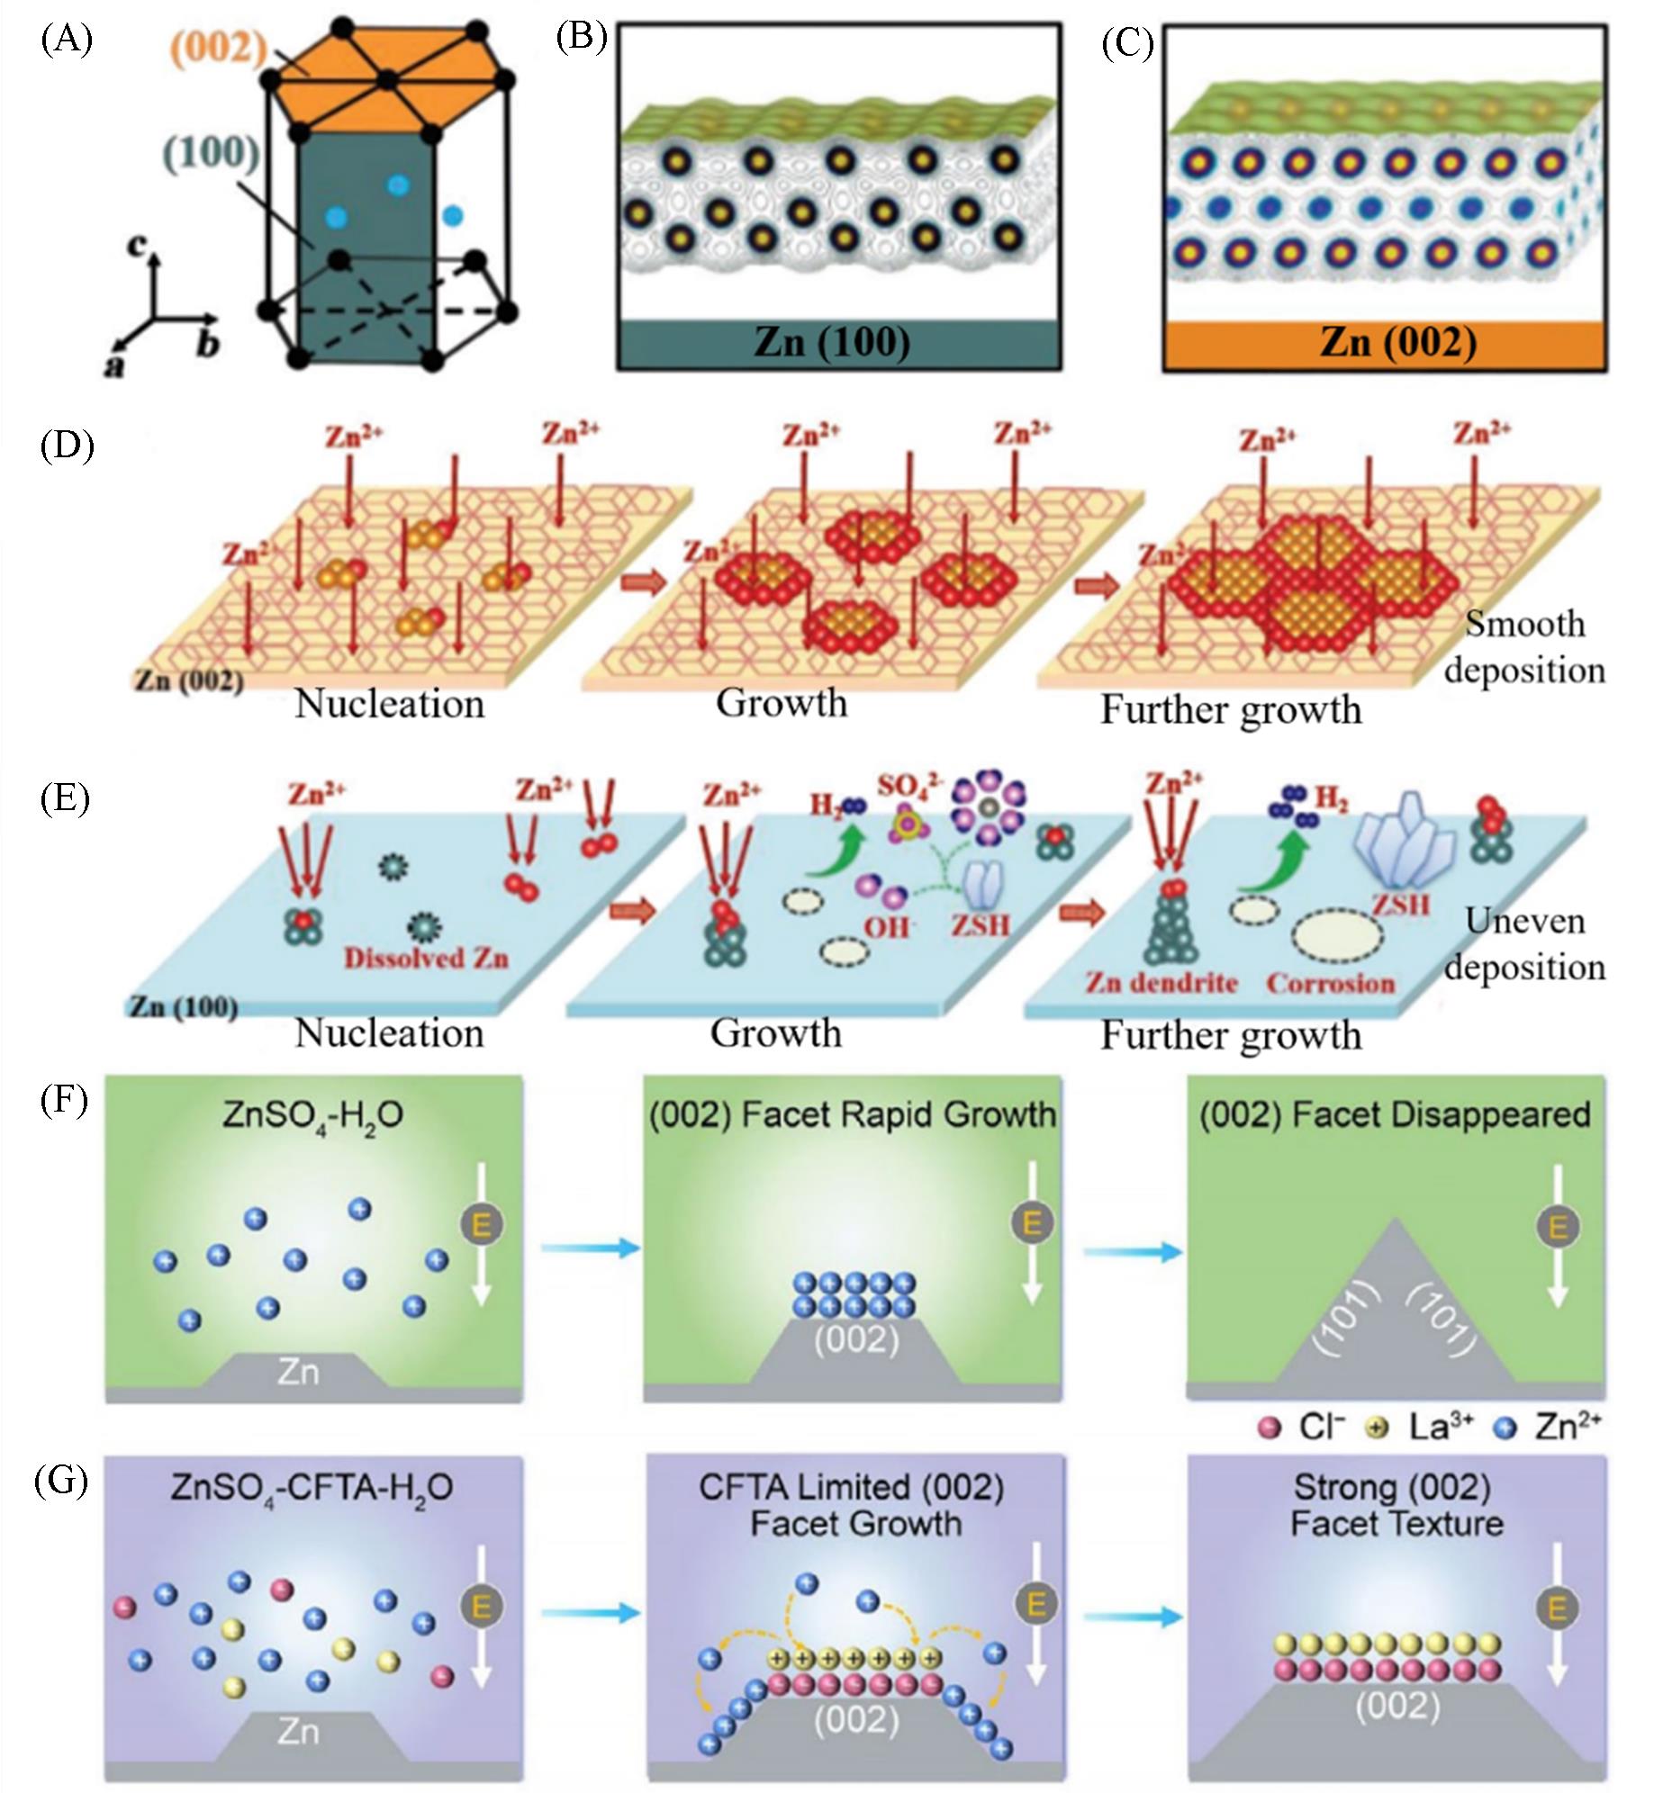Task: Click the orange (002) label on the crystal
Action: [x=220, y=46]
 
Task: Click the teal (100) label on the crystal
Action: [x=212, y=153]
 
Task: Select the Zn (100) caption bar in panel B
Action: [x=838, y=343]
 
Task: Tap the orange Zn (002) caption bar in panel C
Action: [x=1385, y=344]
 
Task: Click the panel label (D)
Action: [x=67, y=446]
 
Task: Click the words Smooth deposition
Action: [x=1524, y=647]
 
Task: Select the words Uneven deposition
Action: [x=1524, y=944]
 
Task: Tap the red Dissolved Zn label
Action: [x=427, y=958]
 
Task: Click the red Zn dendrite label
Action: [x=1161, y=982]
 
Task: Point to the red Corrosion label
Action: [x=1331, y=983]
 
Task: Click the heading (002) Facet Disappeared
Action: [x=1395, y=1114]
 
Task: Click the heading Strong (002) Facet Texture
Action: [x=1396, y=1506]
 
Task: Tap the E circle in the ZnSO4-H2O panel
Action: [x=482, y=1224]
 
